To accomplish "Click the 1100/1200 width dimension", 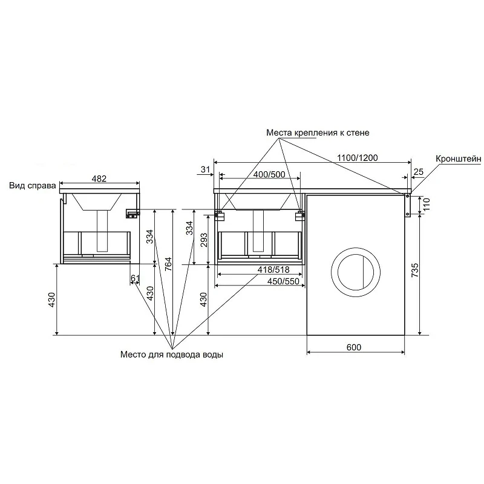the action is [357, 158].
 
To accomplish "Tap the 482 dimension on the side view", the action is [99, 178].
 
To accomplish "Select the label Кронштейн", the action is [459, 159].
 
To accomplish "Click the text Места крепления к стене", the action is [318, 132].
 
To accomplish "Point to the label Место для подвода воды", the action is [172, 355].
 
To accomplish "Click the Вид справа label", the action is [33, 186].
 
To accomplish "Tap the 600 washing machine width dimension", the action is [354, 347].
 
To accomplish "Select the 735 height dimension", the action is [415, 270].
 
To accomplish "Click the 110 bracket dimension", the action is [427, 204].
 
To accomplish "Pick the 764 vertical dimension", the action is [168, 264].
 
